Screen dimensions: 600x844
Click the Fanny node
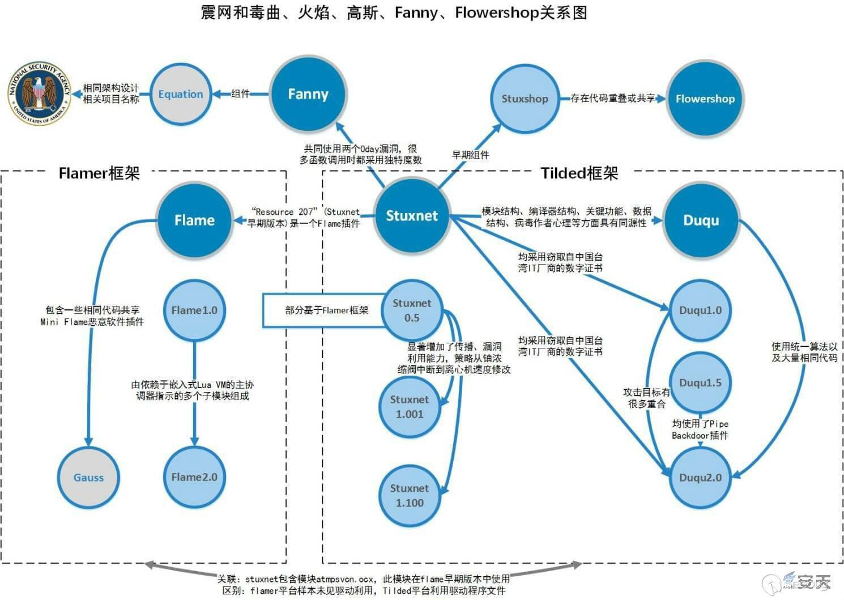point(308,94)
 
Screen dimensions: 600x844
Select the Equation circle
point(181,94)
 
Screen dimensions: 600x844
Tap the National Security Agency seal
point(39,93)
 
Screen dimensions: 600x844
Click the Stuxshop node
point(525,99)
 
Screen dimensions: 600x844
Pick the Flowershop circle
point(705,99)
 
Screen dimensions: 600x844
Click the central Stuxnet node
point(412,216)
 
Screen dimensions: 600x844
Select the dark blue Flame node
point(194,220)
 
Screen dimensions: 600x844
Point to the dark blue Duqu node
point(701,220)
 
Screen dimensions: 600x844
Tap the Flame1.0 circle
point(194,310)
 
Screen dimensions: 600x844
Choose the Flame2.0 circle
point(194,477)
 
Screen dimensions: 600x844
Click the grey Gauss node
point(88,477)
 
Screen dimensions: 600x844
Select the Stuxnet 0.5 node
point(412,310)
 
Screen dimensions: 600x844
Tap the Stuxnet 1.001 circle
point(410,407)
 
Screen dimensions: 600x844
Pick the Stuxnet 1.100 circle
point(410,495)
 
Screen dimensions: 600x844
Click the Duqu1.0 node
point(701,310)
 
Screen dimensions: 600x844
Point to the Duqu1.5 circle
point(701,382)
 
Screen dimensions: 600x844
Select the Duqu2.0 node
point(701,477)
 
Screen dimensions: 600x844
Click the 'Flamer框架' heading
point(99,173)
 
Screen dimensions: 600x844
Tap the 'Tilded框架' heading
point(579,173)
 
